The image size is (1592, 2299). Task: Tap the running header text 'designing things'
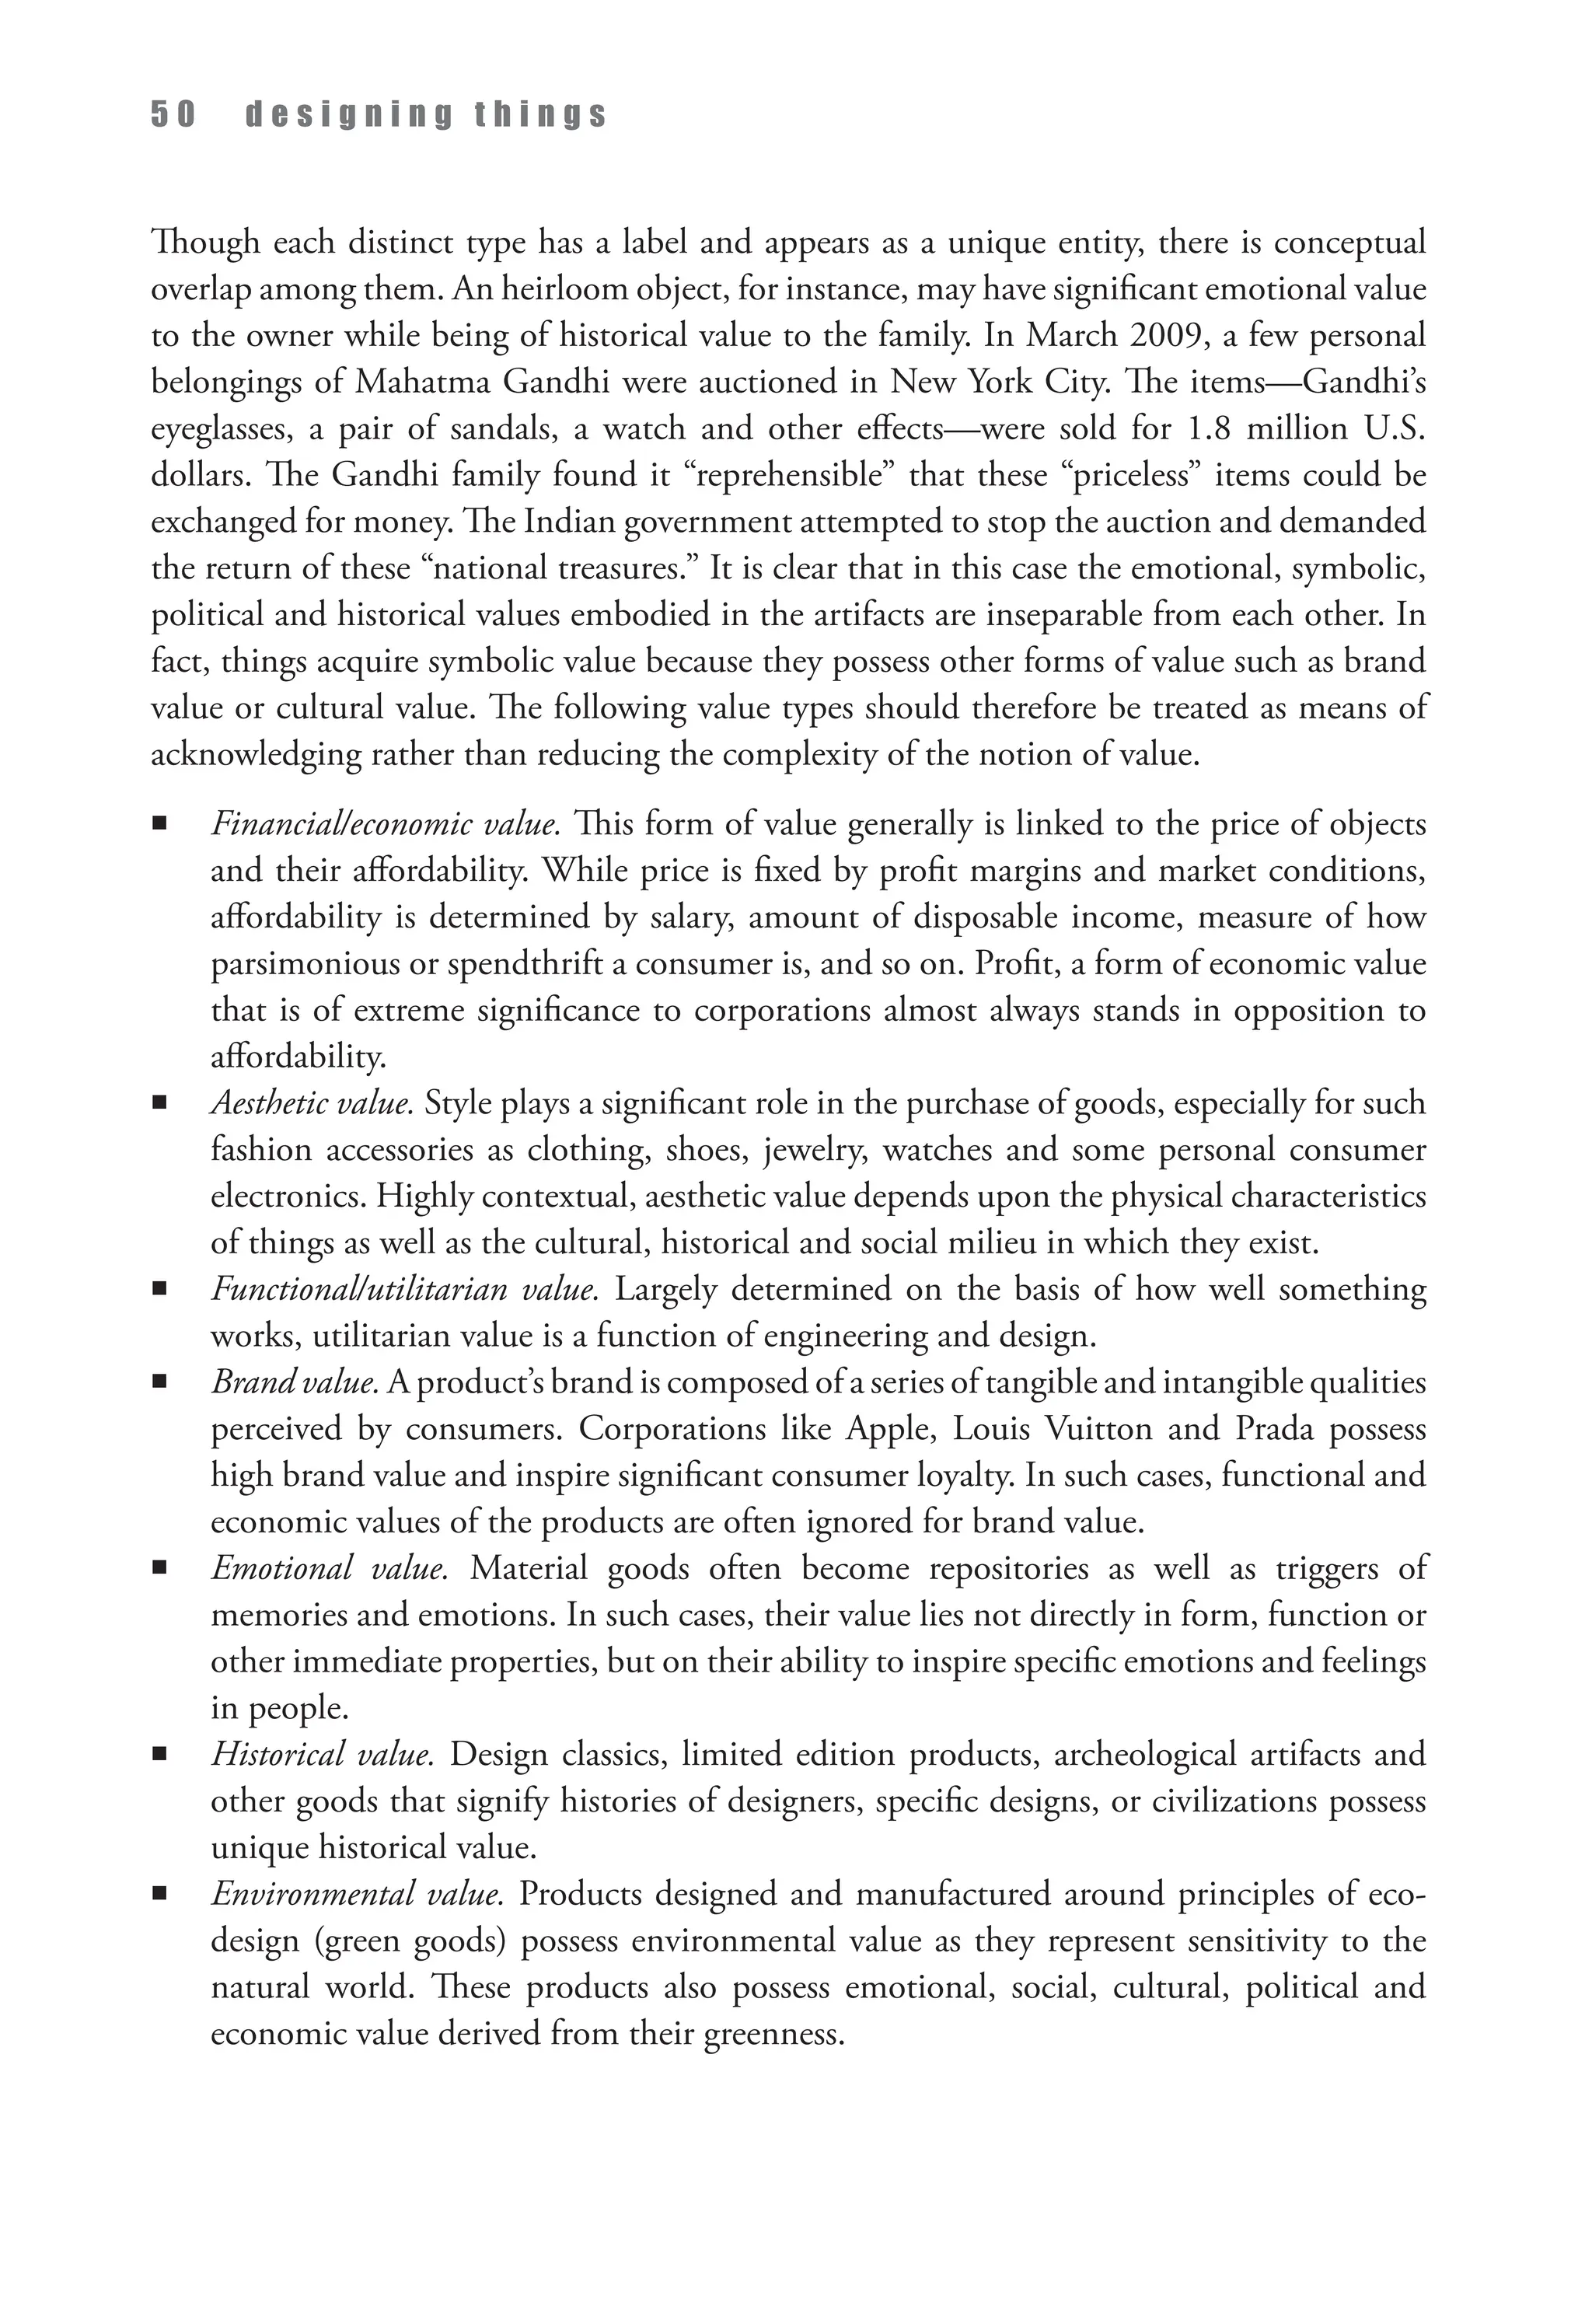[x=426, y=116]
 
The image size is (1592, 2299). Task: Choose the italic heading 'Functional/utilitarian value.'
[x=405, y=1290]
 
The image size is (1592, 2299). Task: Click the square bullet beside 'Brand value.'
[x=159, y=1383]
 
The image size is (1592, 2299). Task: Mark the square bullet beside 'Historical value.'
[x=159, y=1756]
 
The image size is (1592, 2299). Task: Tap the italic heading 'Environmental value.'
[x=356, y=1894]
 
